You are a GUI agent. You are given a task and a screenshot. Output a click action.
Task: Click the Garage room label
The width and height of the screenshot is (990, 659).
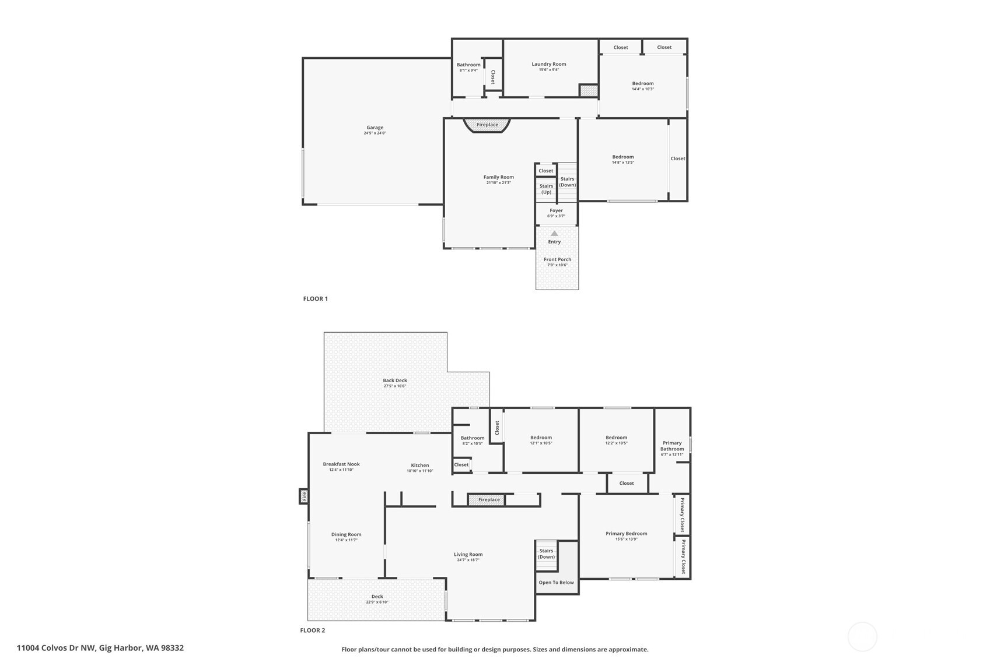tap(375, 128)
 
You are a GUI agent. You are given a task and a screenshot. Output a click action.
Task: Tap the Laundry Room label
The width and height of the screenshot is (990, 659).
tap(548, 64)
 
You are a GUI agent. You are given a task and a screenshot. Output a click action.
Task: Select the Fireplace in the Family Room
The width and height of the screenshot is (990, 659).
tap(487, 125)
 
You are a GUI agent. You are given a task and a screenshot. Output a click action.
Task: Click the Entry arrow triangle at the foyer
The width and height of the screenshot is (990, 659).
tap(554, 234)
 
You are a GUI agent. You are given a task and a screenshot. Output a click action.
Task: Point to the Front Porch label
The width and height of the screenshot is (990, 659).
tap(557, 259)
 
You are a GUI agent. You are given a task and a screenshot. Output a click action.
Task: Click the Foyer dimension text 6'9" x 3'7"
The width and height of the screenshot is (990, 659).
tap(556, 216)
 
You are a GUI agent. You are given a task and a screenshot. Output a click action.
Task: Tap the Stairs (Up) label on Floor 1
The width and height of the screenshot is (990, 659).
tap(546, 189)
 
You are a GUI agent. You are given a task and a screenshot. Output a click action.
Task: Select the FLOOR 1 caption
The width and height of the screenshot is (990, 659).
tap(315, 299)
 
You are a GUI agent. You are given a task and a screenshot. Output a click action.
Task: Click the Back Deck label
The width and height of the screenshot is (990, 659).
tap(395, 380)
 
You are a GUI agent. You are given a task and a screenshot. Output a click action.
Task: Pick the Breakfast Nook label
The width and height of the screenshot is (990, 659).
tap(341, 464)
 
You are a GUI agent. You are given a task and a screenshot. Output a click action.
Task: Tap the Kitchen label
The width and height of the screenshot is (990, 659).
tap(419, 465)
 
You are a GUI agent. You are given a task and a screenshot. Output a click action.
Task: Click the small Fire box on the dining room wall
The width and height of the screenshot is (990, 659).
tap(303, 496)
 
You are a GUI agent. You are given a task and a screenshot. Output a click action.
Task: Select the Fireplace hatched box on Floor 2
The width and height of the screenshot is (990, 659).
tap(488, 500)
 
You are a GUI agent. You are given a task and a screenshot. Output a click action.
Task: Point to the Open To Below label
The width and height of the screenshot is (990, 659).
tap(556, 583)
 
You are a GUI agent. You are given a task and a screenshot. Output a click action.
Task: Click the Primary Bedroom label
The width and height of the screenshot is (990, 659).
tap(626, 534)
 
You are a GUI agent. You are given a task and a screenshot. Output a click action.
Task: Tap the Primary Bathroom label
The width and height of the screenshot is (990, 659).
tap(672, 446)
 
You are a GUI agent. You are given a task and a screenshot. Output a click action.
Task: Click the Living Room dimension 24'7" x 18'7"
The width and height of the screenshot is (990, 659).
tap(468, 560)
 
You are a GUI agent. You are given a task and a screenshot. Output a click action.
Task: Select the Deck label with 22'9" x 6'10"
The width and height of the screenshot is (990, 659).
tap(377, 597)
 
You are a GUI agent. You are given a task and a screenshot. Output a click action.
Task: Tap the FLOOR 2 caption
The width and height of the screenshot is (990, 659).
tap(312, 630)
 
